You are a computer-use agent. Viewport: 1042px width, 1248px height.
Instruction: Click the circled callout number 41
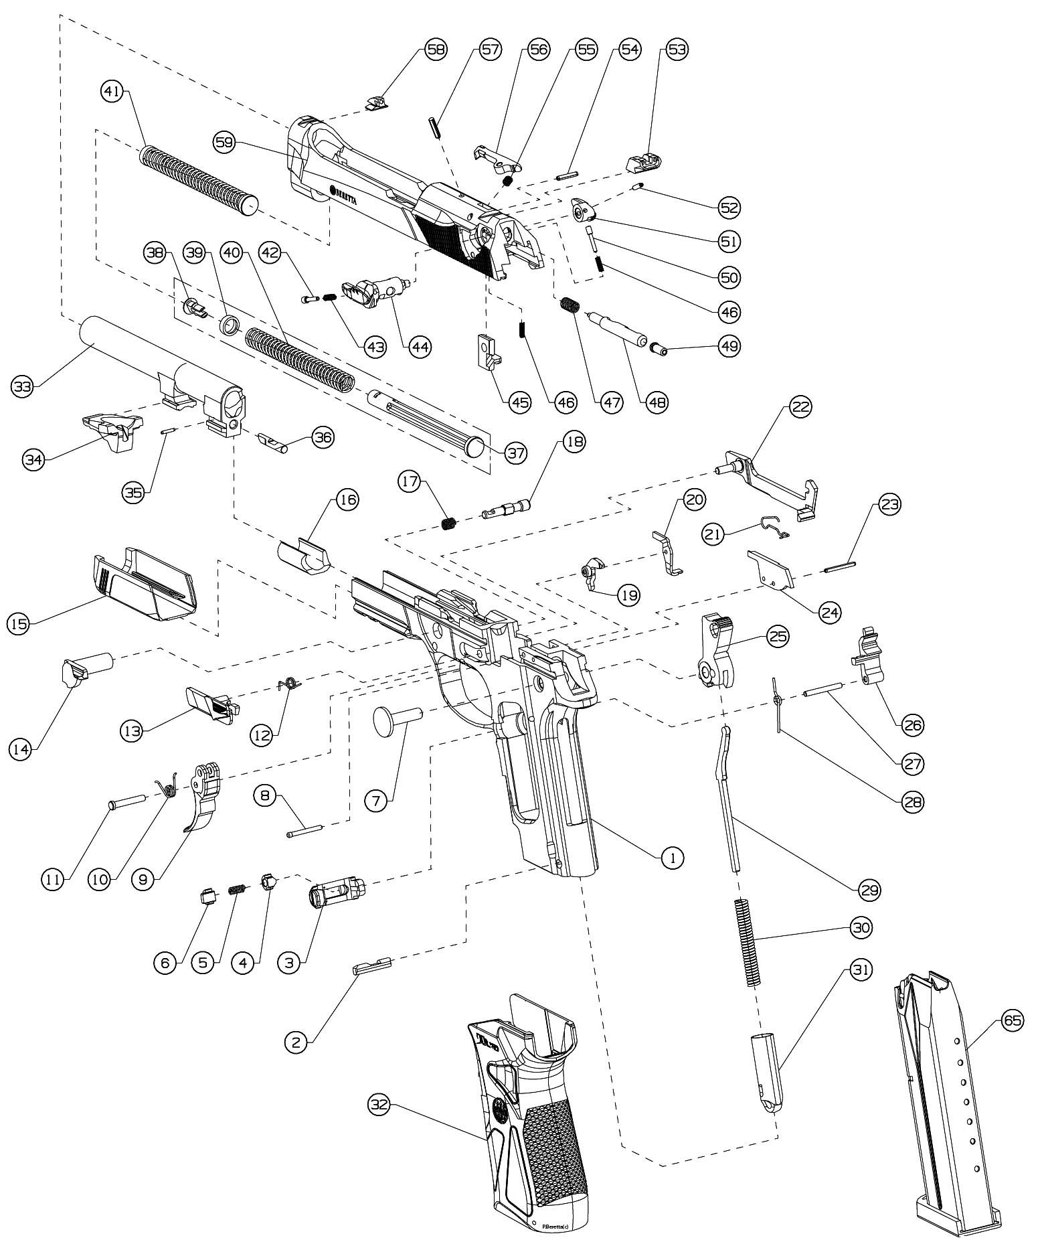112,92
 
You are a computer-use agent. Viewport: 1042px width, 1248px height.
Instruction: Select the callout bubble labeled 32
379,1105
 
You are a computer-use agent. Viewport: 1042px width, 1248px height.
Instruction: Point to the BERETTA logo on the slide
344,195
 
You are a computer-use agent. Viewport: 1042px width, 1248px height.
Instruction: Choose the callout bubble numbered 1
672,856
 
